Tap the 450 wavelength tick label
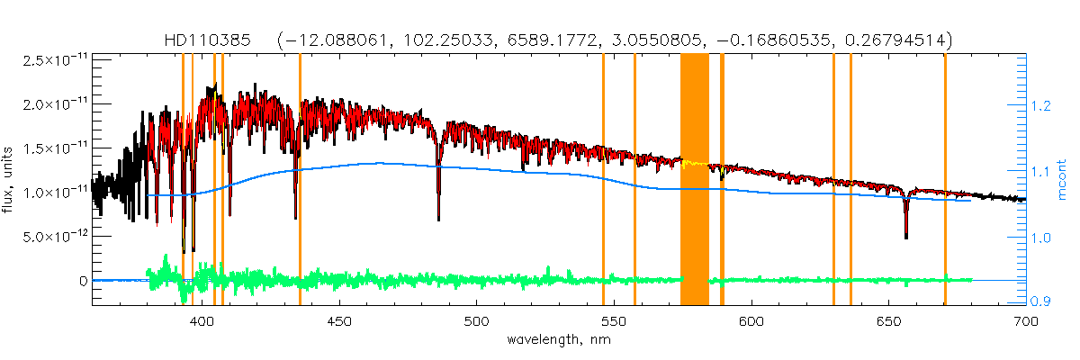(x=339, y=320)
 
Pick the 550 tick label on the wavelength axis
(x=614, y=320)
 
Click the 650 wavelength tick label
(x=888, y=320)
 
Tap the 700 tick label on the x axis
(x=1025, y=320)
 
